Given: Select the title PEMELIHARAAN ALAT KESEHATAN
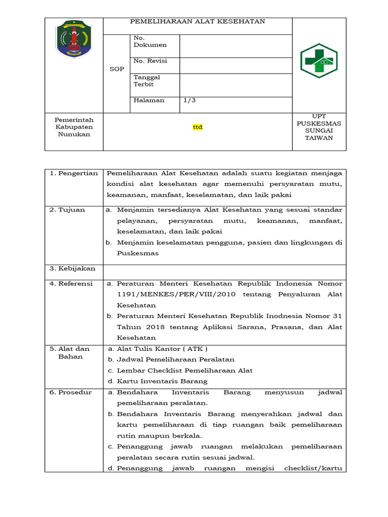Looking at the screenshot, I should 198,22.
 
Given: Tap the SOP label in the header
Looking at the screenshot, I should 117,69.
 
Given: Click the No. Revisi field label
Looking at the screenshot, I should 150,61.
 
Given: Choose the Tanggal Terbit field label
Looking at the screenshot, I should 147,81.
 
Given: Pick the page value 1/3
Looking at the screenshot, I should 189,100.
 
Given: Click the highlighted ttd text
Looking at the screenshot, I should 198,127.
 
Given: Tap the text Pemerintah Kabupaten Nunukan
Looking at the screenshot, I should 74,127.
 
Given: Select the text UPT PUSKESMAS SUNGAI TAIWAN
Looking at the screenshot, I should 319,127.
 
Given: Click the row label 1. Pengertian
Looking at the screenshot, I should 73,174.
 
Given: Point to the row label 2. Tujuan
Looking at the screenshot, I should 67,210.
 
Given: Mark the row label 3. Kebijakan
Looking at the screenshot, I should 72,269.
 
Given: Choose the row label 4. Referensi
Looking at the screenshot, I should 71,284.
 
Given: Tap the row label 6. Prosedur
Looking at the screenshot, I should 71,393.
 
